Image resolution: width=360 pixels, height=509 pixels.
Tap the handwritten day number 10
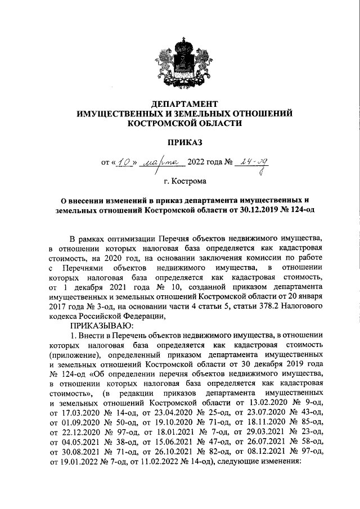[123, 162]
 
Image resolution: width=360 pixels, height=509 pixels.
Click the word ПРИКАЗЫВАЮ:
[101, 325]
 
